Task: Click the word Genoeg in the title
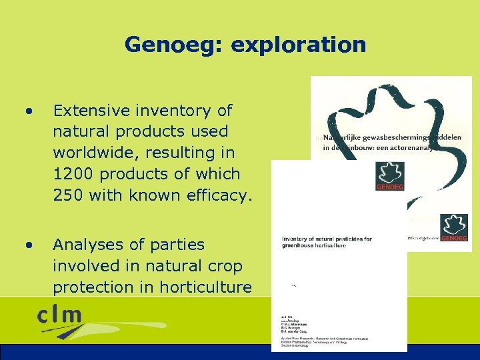click(x=165, y=45)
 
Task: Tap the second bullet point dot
click(x=29, y=245)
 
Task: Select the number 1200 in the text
click(x=75, y=174)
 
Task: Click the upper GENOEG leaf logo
click(x=390, y=177)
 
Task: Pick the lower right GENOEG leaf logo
click(x=455, y=227)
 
